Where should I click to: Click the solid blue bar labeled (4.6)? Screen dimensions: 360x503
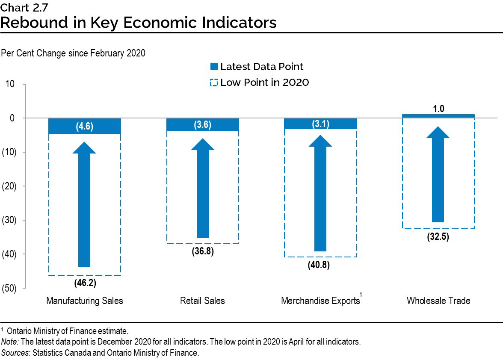click(x=84, y=126)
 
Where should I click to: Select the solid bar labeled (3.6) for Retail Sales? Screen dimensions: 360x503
click(x=202, y=124)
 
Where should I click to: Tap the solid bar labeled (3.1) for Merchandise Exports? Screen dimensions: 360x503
click(x=320, y=124)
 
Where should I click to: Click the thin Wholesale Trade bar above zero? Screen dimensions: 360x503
click(x=438, y=116)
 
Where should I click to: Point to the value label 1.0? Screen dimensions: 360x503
click(x=438, y=109)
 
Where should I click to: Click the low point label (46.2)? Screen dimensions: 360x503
click(x=84, y=282)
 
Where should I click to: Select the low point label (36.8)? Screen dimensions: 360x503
click(x=202, y=251)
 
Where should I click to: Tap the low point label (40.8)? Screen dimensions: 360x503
click(x=320, y=265)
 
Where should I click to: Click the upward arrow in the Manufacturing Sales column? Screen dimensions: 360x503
click(x=84, y=205)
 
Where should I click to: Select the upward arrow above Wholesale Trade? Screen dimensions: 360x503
click(x=438, y=175)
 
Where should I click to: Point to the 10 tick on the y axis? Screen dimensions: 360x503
click(x=10, y=84)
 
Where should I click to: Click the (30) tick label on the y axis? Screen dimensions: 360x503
click(x=9, y=220)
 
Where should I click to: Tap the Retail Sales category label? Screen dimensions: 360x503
click(x=202, y=301)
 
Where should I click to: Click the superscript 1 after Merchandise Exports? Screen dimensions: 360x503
click(x=361, y=295)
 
